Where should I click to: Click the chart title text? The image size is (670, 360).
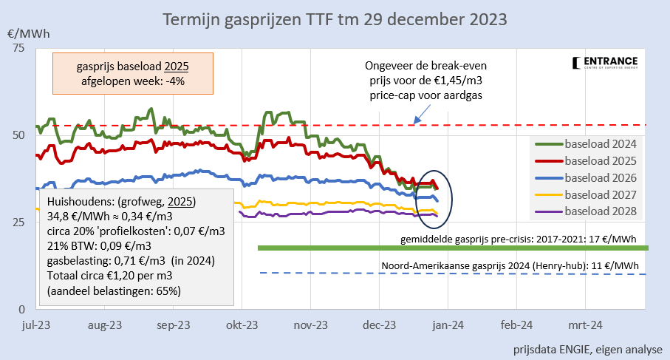click(335, 17)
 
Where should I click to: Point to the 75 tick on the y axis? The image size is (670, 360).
click(18, 48)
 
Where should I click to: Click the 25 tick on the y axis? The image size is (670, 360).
click(18, 222)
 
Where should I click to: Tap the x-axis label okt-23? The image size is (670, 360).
click(242, 325)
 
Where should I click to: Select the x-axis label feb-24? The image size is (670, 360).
click(516, 325)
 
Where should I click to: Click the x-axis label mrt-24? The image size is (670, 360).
click(584, 325)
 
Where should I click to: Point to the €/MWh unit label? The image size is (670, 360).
click(24, 34)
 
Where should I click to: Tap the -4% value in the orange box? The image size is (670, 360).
click(172, 81)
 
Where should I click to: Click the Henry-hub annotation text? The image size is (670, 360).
click(510, 265)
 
